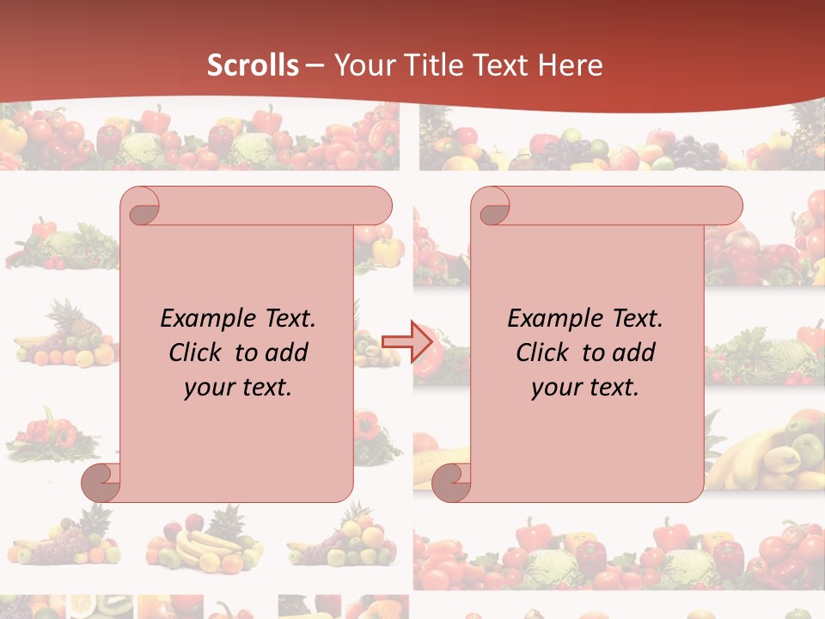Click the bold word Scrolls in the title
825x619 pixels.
(x=253, y=65)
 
